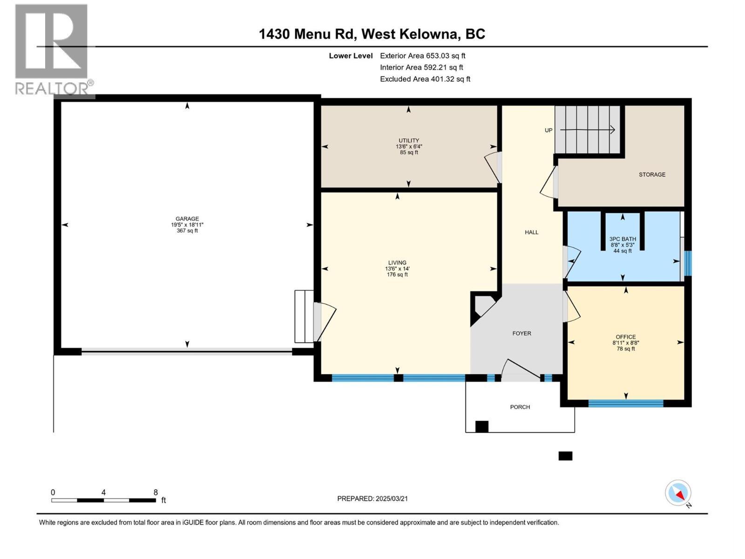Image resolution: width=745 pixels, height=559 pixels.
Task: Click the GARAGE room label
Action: pos(187,219)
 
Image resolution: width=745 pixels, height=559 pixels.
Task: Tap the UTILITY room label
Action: pos(408,141)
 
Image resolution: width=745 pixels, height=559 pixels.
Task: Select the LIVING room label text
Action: pos(397,263)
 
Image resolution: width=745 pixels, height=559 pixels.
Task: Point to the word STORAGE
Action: pos(652,175)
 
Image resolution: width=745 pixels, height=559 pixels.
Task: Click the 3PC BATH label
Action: pos(623,239)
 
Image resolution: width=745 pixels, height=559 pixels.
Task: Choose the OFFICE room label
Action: pos(625,337)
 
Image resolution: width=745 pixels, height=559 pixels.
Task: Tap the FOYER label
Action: pos(521,334)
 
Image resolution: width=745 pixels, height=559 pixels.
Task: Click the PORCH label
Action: pos(520,407)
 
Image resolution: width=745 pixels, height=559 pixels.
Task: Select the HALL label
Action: pos(531,232)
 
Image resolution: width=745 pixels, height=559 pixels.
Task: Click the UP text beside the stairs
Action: pos(549,130)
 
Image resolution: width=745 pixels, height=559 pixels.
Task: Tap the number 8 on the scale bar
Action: pos(156,492)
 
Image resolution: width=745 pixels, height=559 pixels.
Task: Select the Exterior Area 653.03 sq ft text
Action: pos(422,56)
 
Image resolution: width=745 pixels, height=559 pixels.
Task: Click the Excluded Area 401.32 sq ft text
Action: pos(425,79)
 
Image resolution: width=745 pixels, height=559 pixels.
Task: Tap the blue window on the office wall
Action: pos(625,403)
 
